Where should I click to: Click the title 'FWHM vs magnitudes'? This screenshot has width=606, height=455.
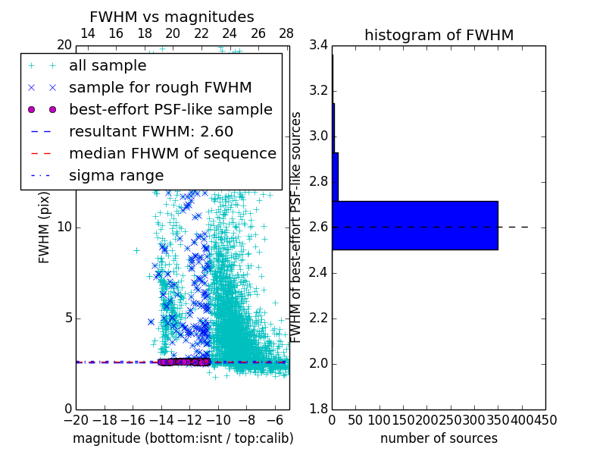(171, 17)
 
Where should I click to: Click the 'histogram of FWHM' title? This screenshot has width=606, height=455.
(439, 35)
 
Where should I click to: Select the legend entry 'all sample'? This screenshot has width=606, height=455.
(107, 66)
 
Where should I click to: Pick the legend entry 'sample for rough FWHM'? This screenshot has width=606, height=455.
(160, 88)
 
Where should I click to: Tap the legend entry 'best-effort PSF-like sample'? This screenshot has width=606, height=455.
(170, 110)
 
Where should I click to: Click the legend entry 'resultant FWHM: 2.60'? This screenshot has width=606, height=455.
(151, 132)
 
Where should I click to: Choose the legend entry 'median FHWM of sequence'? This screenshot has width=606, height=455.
(172, 154)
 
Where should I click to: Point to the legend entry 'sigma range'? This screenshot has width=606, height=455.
(116, 176)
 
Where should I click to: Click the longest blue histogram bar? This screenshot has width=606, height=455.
(414, 225)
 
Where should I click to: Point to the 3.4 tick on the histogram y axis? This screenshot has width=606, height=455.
(319, 45)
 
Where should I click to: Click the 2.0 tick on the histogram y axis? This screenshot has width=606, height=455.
(319, 364)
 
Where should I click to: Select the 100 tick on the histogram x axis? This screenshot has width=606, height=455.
(380, 419)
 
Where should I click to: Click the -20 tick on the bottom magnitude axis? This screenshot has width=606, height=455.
(76, 419)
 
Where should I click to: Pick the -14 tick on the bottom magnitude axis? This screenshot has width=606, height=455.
(161, 419)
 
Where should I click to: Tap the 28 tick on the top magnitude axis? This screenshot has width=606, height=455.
(286, 34)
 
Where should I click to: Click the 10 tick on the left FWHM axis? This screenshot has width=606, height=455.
(64, 227)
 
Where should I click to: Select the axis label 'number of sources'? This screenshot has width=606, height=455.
(439, 438)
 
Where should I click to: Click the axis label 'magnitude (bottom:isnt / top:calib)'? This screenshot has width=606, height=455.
(183, 438)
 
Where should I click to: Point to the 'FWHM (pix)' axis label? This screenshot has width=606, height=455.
(45, 227)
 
